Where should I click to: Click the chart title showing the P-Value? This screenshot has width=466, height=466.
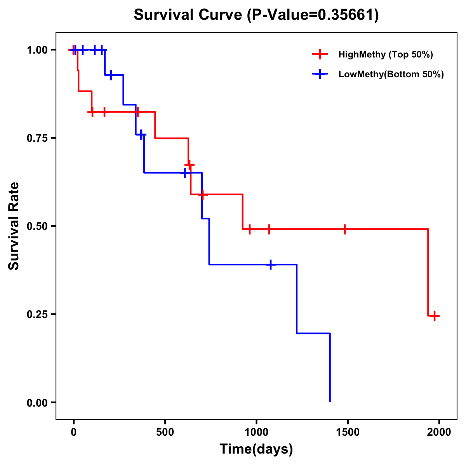click(x=256, y=15)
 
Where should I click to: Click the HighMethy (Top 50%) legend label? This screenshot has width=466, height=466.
click(x=385, y=54)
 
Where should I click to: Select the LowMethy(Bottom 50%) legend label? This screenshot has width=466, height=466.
click(x=391, y=74)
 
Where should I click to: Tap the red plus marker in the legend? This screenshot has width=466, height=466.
click(x=319, y=54)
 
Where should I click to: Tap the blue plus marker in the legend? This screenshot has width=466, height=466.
click(x=319, y=74)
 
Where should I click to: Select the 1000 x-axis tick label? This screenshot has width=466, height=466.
click(x=256, y=432)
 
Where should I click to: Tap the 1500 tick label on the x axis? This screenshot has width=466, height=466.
click(x=348, y=432)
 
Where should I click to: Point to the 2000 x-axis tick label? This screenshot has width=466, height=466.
click(x=439, y=432)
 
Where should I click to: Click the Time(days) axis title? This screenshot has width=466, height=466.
click(x=256, y=449)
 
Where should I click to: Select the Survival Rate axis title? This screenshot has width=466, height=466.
click(x=14, y=226)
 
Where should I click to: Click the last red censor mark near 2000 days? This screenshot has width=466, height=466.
click(x=435, y=316)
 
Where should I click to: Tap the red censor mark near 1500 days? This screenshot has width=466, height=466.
click(x=344, y=229)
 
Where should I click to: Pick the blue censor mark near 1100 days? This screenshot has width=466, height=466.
click(x=270, y=264)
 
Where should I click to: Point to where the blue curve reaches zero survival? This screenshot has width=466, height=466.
click(x=330, y=402)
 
